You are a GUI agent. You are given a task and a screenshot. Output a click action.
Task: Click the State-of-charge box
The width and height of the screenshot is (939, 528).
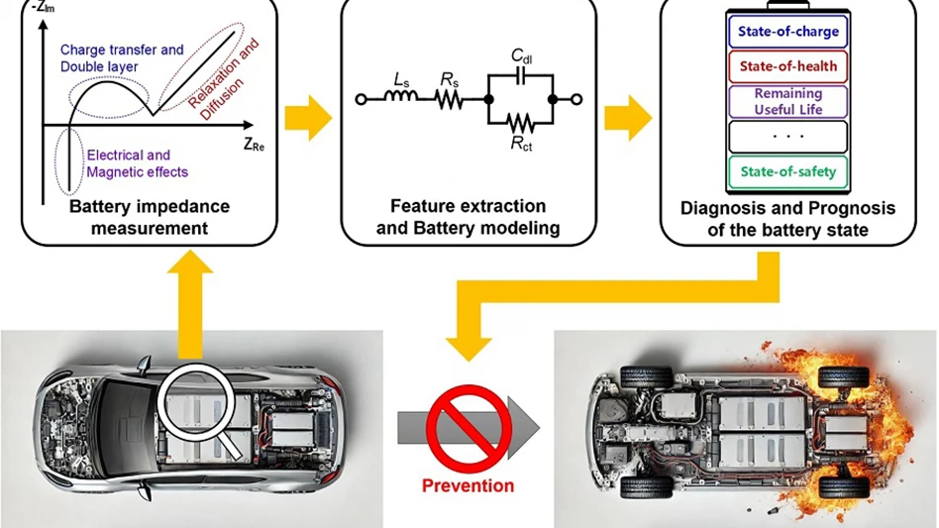point(788,31)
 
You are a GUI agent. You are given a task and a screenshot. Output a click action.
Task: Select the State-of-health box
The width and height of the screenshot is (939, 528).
point(788,66)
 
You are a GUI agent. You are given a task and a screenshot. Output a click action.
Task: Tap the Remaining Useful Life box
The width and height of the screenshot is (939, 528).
point(788,101)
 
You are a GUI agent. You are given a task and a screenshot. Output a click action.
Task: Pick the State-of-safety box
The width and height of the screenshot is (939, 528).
point(788,171)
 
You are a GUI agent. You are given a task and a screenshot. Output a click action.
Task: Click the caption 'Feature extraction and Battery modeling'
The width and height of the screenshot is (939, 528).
point(468,217)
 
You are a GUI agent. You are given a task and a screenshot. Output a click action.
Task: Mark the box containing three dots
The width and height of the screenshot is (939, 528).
point(788,136)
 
